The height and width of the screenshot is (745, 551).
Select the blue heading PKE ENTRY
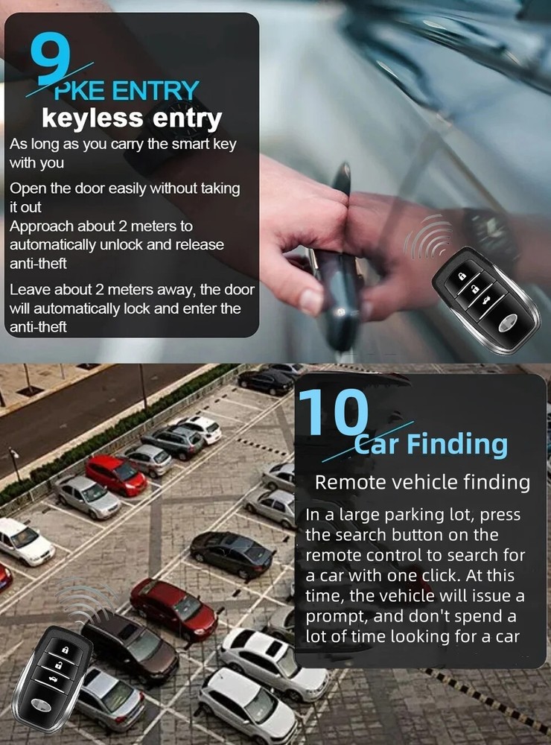[x=127, y=92]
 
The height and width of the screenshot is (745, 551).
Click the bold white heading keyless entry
[x=132, y=118]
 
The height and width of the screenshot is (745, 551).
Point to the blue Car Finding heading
[x=431, y=445]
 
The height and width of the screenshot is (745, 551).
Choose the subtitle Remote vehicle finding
[x=422, y=482]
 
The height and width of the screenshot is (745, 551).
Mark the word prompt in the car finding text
[x=334, y=617]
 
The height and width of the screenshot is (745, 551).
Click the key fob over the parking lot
[x=53, y=668]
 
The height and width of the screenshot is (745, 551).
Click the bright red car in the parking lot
[x=115, y=475]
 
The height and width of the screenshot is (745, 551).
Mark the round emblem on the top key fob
[x=507, y=322]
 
